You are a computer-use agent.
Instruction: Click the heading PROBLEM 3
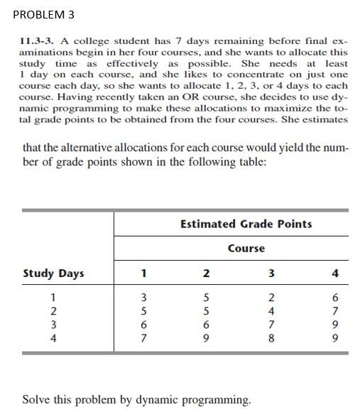[43, 14]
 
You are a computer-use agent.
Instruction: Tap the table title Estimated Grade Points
[246, 224]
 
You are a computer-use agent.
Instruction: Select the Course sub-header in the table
[246, 248]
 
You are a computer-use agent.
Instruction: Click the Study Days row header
[53, 273]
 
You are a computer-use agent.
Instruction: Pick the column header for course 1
[144, 273]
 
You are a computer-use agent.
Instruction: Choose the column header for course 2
[206, 273]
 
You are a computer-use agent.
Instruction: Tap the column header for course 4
[335, 273]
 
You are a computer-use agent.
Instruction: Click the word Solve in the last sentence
[37, 399]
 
